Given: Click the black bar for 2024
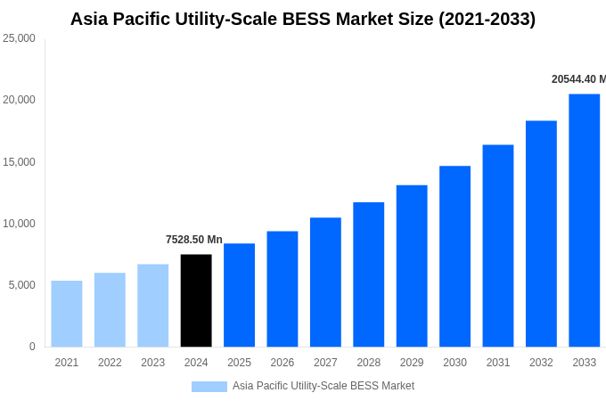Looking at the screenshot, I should tap(196, 300).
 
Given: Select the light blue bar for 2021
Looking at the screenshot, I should tap(67, 314).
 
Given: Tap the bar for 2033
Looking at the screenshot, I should tap(584, 220).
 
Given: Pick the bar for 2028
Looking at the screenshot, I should tap(368, 274).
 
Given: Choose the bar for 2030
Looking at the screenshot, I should tap(454, 256).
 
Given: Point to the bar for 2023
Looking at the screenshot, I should tap(153, 305).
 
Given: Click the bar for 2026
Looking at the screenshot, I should tap(283, 289).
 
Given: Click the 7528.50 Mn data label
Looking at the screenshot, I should tap(194, 240).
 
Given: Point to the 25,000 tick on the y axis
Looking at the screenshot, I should tap(19, 38).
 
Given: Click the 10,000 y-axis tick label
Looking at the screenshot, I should tap(19, 223).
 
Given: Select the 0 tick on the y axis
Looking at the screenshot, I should tap(32, 347).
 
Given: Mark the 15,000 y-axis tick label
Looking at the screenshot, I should tap(19, 161).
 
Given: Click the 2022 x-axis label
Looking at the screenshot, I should tap(110, 363).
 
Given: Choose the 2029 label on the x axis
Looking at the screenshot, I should tap(412, 363).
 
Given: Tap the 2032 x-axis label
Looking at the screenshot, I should tap(541, 363).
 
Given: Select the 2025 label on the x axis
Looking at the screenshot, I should tap(239, 363).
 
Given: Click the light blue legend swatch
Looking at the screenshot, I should tap(209, 386).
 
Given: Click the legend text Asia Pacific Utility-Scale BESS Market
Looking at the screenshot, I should tap(323, 386).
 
